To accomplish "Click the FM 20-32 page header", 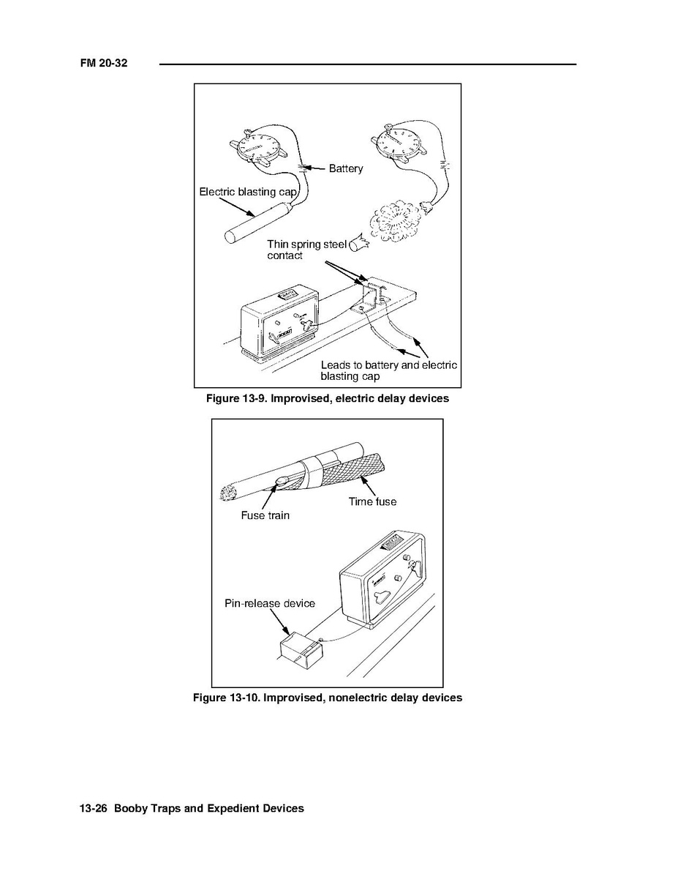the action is (x=104, y=63).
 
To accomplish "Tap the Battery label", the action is (x=345, y=168).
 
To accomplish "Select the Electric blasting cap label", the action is (x=248, y=192).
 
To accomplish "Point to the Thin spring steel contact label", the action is (x=307, y=250).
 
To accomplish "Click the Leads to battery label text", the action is (x=389, y=370).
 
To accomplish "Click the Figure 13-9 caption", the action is (x=328, y=398).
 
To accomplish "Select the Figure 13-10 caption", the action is (x=328, y=698).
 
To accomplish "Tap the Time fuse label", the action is (x=372, y=501).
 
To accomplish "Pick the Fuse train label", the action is (x=265, y=515).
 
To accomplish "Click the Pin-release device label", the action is (x=270, y=603).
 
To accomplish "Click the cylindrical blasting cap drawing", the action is (x=258, y=223).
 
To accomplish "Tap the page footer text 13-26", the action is (x=93, y=808).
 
